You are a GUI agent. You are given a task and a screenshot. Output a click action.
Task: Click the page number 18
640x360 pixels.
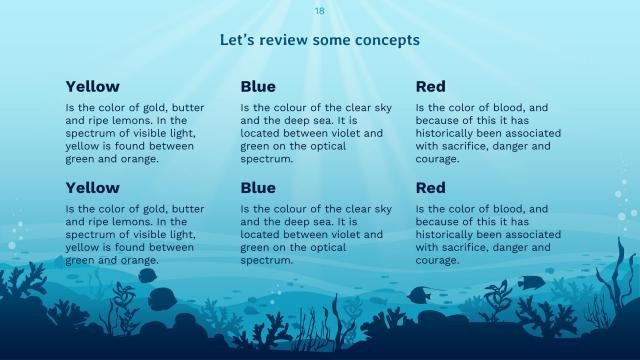(x=319, y=11)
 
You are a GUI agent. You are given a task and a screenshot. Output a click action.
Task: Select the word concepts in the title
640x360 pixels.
(x=384, y=40)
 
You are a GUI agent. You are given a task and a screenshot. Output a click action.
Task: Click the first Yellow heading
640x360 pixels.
(x=92, y=87)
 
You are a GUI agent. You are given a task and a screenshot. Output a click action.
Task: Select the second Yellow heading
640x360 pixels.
(x=92, y=188)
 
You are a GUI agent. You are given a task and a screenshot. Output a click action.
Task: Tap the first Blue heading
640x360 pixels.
(x=258, y=87)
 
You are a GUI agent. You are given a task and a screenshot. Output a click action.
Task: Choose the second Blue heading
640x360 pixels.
(x=258, y=188)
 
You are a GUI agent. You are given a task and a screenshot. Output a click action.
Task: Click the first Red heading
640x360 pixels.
(x=430, y=87)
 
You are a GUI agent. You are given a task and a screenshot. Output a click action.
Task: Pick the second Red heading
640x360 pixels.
(x=430, y=188)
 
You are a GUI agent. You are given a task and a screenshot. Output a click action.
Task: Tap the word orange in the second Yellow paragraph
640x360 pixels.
(x=140, y=261)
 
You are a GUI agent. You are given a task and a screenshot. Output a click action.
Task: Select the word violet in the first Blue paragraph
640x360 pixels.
(x=364, y=133)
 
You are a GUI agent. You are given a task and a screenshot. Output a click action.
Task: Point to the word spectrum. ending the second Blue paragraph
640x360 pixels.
(x=267, y=261)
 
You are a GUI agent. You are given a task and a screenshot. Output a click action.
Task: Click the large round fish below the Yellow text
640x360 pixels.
(x=160, y=298)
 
